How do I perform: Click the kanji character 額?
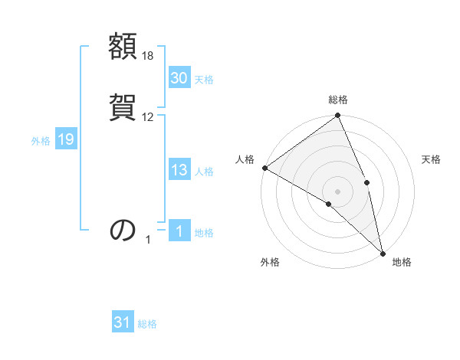pos(123,47)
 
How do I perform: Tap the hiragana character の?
pos(123,229)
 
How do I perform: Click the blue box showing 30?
pos(179,78)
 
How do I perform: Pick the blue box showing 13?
pos(179,171)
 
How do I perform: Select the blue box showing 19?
pos(65,139)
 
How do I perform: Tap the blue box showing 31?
pos(123,323)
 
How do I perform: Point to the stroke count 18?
pos(148,56)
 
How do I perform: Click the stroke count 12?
pos(148,116)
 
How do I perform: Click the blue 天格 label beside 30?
pos(204,79)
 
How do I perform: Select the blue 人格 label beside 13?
pos(204,172)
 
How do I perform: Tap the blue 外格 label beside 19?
pos(41,140)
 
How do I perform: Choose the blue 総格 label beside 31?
pos(147,324)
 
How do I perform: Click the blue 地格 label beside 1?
pos(204,233)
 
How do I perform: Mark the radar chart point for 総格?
pos(338,116)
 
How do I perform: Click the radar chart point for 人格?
pos(264,168)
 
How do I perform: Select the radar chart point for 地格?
pos(383,253)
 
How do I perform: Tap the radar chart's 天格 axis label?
pos(431,159)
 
